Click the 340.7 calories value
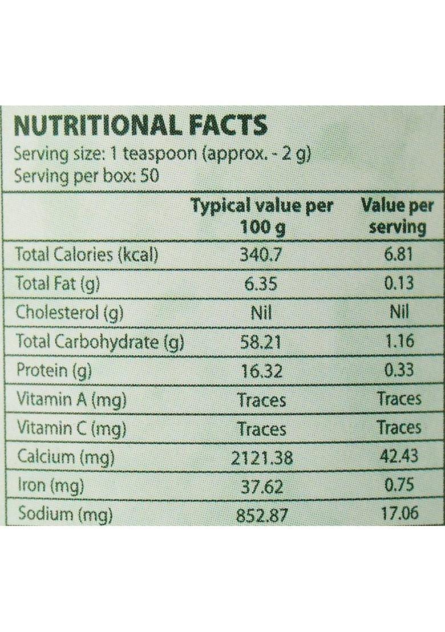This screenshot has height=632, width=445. pos(262,254)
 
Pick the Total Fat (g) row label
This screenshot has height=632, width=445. pos(58,283)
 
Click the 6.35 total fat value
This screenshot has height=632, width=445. pos(262,283)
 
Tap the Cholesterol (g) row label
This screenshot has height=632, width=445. pos(70,312)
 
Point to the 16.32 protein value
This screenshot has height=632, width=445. pos(262,370)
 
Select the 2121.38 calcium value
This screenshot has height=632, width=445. pos(262,457)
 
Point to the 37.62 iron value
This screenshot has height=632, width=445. pos(262,487)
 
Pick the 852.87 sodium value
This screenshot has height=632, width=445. pos(262,515)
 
